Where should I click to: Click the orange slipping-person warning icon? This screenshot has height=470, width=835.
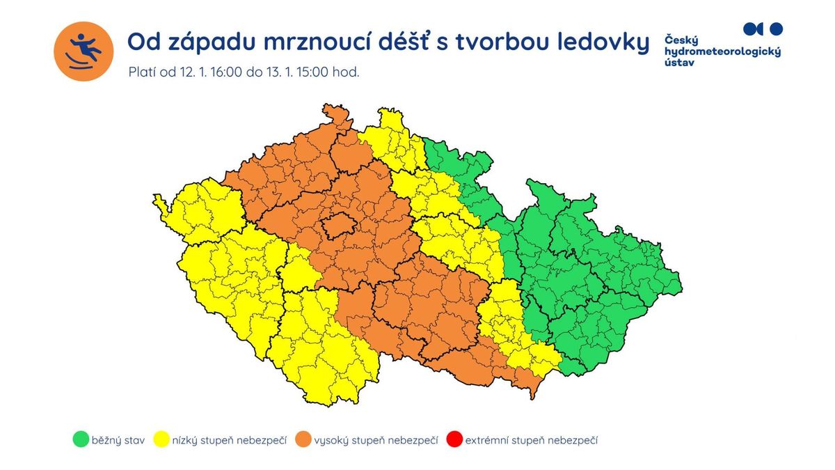pyautogui.click(x=83, y=52)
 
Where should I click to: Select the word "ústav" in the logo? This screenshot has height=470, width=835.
pyautogui.click(x=680, y=62)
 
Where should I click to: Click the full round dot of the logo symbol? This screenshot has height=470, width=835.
pyautogui.click(x=777, y=29)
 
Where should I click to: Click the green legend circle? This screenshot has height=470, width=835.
pyautogui.click(x=80, y=439)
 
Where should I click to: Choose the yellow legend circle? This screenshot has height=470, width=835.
pyautogui.click(x=163, y=439)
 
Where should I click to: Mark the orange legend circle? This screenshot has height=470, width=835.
pyautogui.click(x=303, y=439)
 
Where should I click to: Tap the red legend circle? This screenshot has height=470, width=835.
pyautogui.click(x=454, y=439)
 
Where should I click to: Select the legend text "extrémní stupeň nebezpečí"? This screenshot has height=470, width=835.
pyautogui.click(x=532, y=440)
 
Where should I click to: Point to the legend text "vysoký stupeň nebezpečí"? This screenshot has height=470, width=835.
pyautogui.click(x=376, y=440)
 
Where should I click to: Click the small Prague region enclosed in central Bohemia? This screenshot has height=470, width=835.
pyautogui.click(x=336, y=226)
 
